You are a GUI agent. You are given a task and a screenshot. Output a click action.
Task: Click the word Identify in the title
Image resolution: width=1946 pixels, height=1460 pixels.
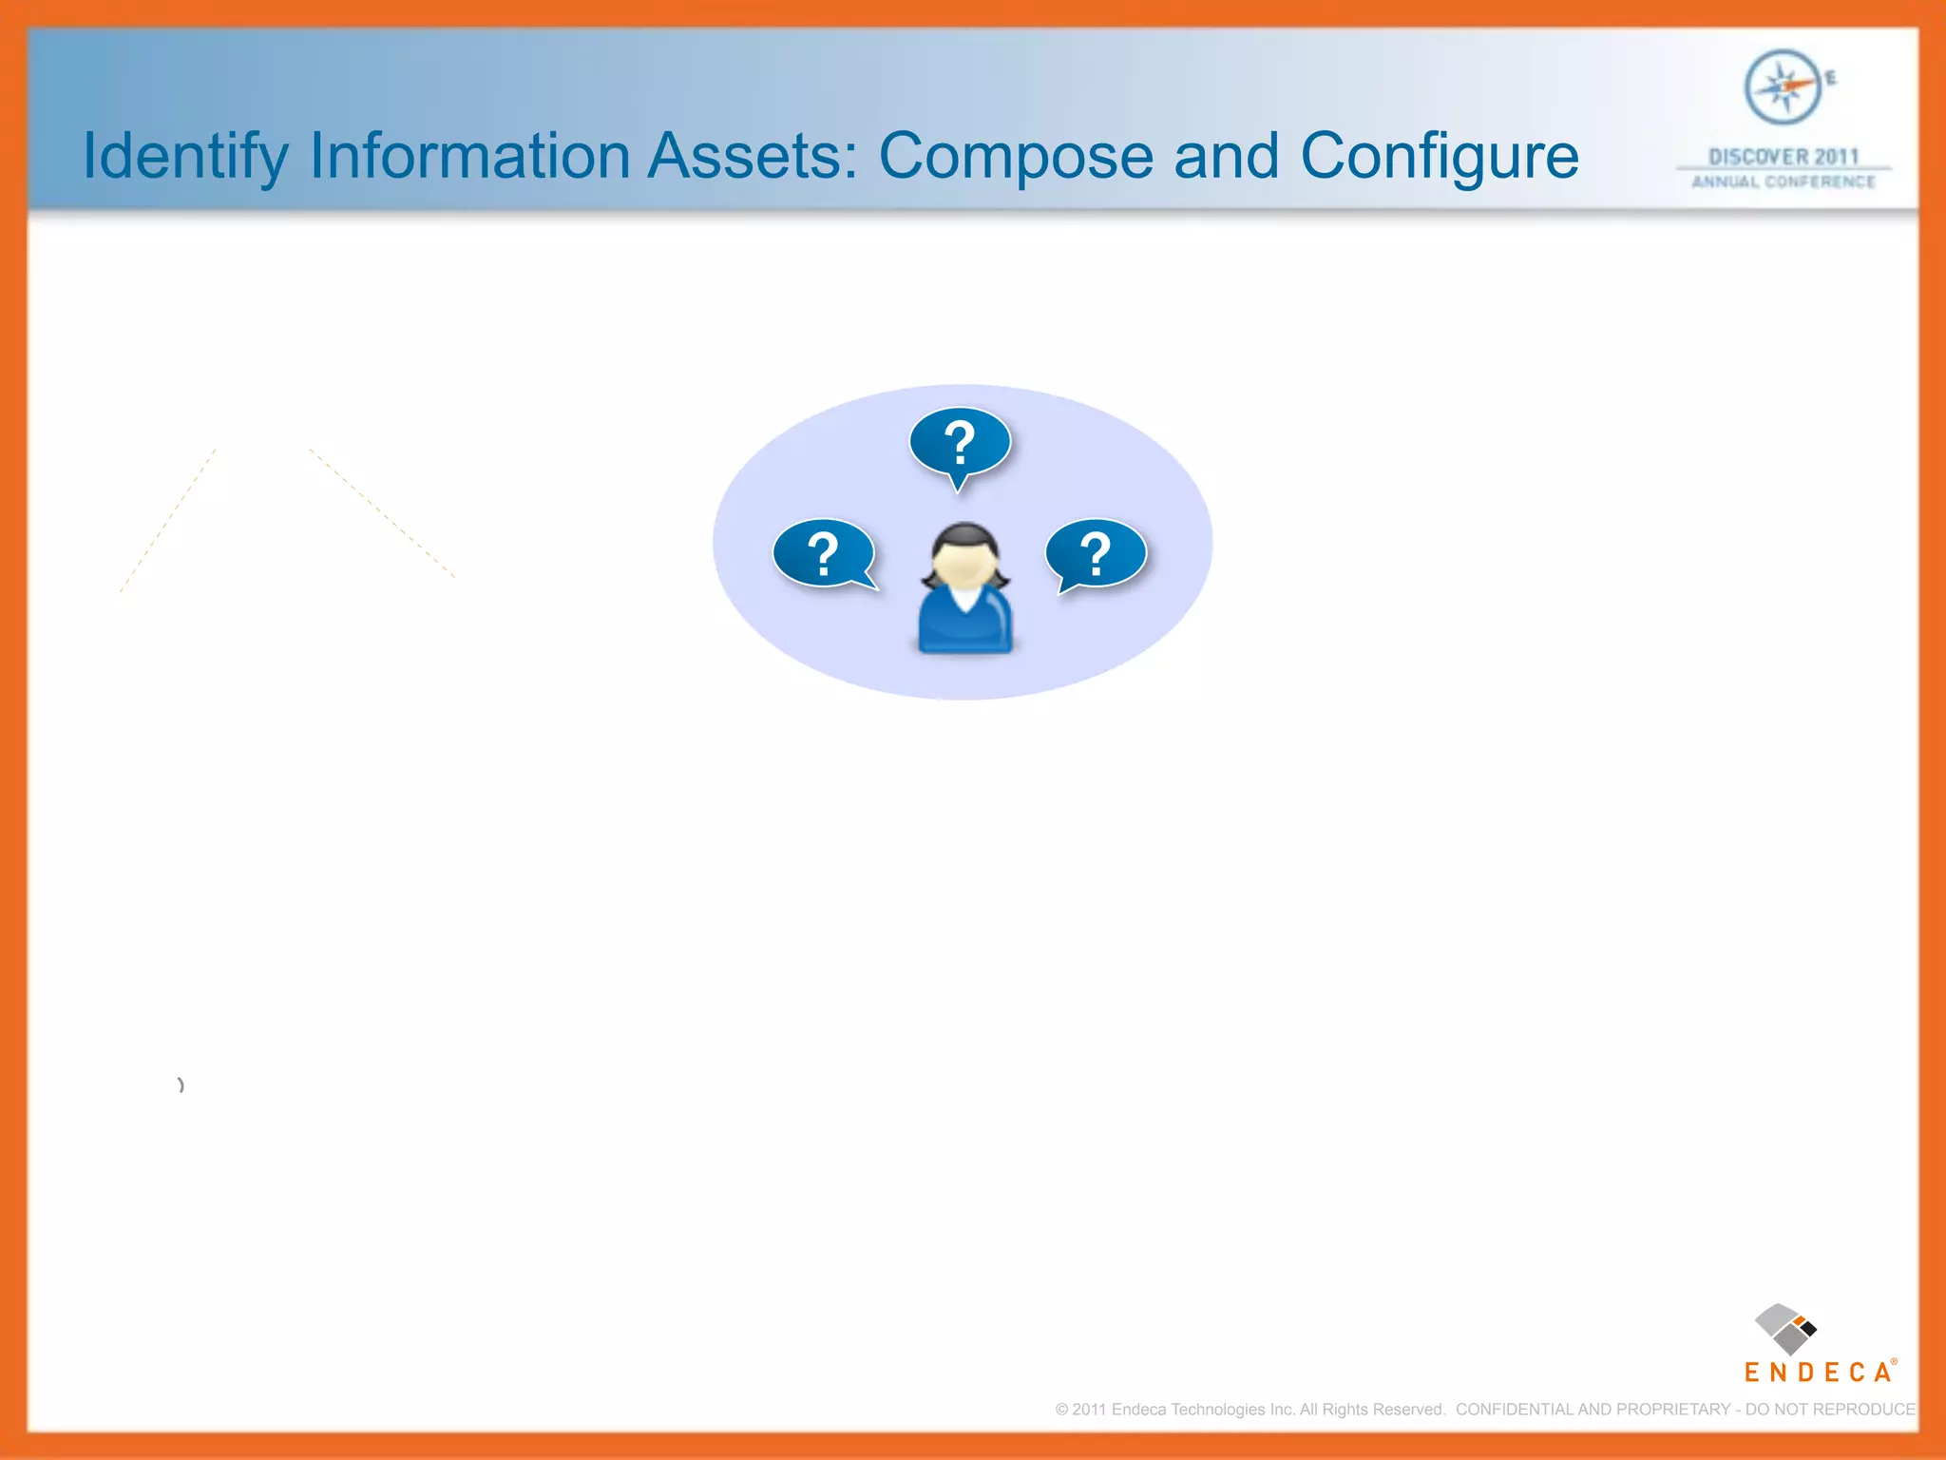point(185,157)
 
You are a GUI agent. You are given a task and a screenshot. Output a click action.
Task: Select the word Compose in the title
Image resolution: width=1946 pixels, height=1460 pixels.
point(1016,157)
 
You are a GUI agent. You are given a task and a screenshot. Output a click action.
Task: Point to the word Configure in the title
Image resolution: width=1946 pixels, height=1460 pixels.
point(1439,157)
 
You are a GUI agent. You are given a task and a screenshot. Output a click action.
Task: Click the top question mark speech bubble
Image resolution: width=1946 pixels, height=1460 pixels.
point(960,443)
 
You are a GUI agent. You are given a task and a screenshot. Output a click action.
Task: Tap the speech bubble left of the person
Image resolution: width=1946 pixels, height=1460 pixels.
point(824,553)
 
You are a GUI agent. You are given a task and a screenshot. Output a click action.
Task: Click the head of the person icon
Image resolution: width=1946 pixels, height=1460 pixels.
point(964,561)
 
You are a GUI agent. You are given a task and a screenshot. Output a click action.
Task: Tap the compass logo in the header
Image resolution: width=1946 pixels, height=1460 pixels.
point(1783,87)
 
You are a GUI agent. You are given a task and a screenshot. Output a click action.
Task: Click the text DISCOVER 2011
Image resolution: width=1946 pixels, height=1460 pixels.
point(1784,156)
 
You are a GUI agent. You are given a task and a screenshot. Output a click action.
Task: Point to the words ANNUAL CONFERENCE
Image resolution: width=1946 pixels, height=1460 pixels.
point(1784,182)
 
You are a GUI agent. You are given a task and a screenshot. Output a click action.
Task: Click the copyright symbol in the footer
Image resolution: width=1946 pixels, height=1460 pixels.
point(1061,1410)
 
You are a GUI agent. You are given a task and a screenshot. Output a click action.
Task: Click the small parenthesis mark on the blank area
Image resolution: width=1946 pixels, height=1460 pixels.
point(181,1085)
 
